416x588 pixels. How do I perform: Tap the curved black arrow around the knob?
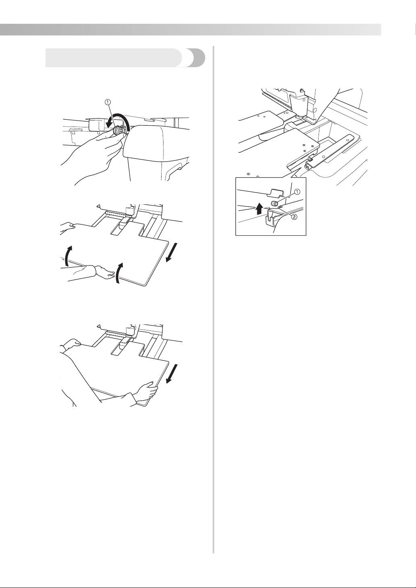(x=119, y=121)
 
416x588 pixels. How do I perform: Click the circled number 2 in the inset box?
(x=295, y=217)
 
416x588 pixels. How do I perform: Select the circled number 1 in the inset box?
(x=297, y=192)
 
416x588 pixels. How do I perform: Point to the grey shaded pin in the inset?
(x=275, y=204)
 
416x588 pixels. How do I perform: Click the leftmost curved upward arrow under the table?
(x=68, y=256)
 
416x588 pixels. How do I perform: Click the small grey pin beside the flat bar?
(x=310, y=159)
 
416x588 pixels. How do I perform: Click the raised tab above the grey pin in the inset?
(x=275, y=192)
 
